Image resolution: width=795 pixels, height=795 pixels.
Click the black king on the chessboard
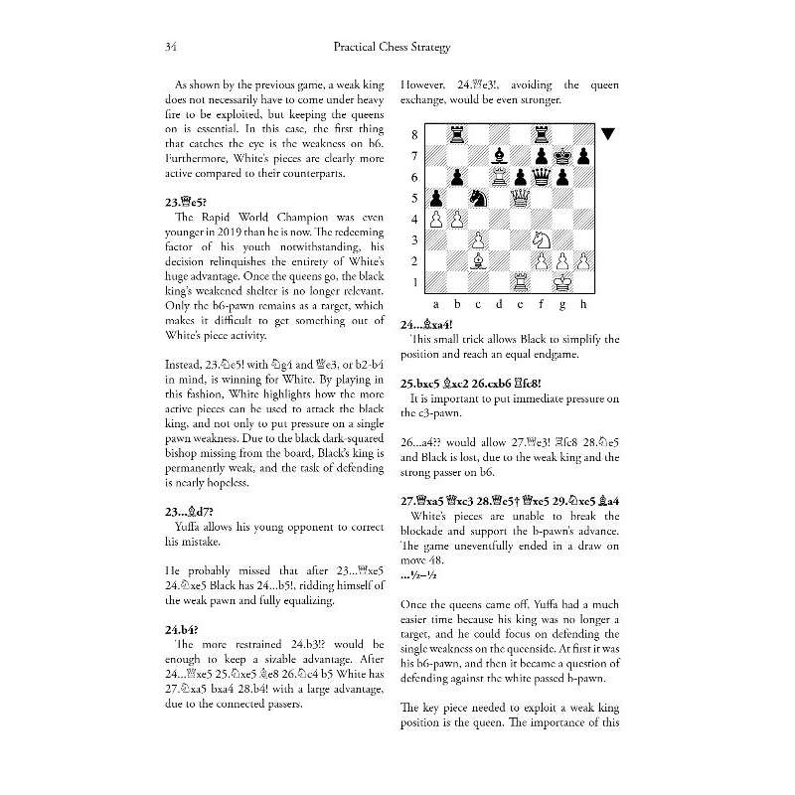coord(562,155)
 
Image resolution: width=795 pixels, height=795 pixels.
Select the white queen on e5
coord(519,197)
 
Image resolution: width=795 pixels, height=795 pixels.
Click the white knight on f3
coord(541,238)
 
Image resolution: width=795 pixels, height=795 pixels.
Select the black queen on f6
coord(541,176)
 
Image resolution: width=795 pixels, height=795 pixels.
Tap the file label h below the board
coord(583,303)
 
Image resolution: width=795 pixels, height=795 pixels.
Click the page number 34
coord(170,48)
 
